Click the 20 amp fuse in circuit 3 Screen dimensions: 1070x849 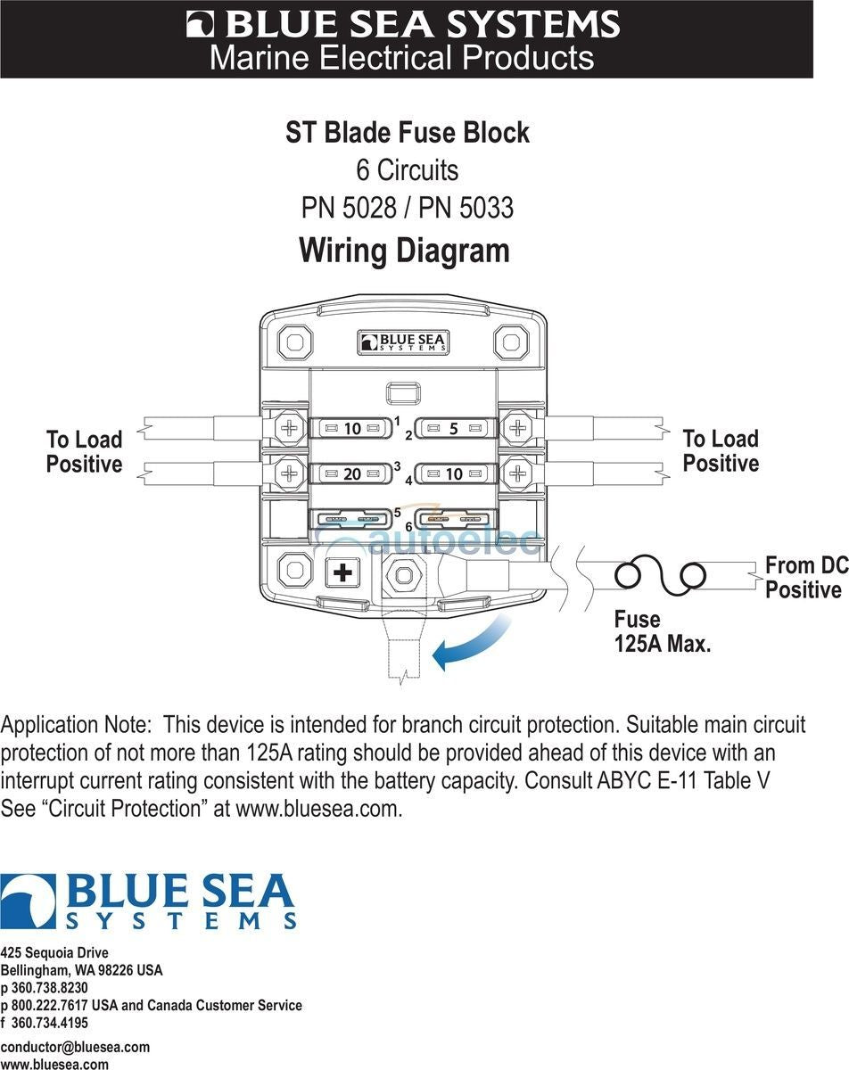pos(352,473)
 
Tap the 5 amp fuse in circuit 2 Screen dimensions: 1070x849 pos(454,429)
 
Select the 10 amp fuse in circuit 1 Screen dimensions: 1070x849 pos(352,429)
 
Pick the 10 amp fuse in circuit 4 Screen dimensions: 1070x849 pos(454,473)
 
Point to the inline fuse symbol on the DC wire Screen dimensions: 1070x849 pos(661,575)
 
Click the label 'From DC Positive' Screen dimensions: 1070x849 pos(804,577)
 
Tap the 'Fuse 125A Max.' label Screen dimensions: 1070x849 pos(662,631)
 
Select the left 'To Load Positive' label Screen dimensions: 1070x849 pos(84,451)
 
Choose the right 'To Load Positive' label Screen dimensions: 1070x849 pos(720,450)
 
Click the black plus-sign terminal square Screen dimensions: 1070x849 pos(342,572)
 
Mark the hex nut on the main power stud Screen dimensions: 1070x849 pos(403,575)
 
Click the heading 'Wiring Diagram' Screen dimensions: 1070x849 pos(404,250)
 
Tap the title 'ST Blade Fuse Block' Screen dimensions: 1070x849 pos(407,133)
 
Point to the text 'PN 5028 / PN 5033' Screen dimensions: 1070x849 pos(407,208)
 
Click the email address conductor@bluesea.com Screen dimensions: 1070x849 pos(75,1047)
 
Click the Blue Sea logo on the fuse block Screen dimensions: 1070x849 pos(403,342)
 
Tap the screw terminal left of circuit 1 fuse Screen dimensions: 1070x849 pos(289,429)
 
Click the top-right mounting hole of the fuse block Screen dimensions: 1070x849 pos(511,342)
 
